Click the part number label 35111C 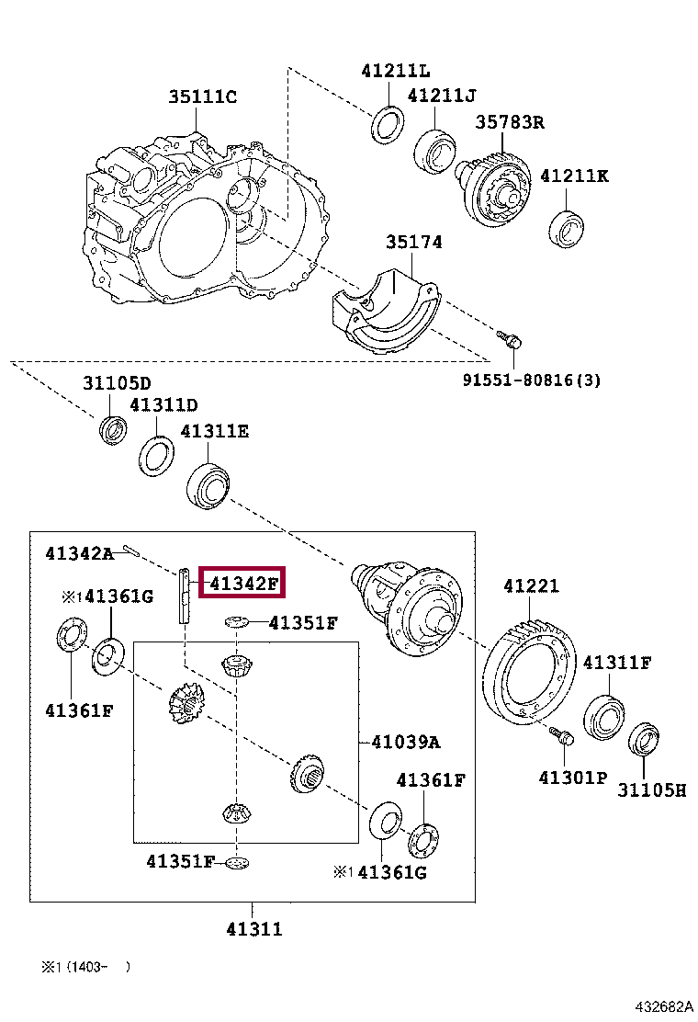click(x=202, y=97)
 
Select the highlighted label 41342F click(x=243, y=583)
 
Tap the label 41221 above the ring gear click(x=531, y=586)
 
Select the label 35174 click(x=413, y=243)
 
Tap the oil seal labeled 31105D click(x=114, y=429)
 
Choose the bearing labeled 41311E click(x=208, y=485)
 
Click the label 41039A click(x=405, y=742)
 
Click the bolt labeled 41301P click(x=563, y=737)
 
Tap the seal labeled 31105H click(x=644, y=741)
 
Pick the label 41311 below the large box click(x=254, y=929)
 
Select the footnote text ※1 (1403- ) click(x=84, y=966)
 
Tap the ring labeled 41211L click(x=388, y=125)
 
